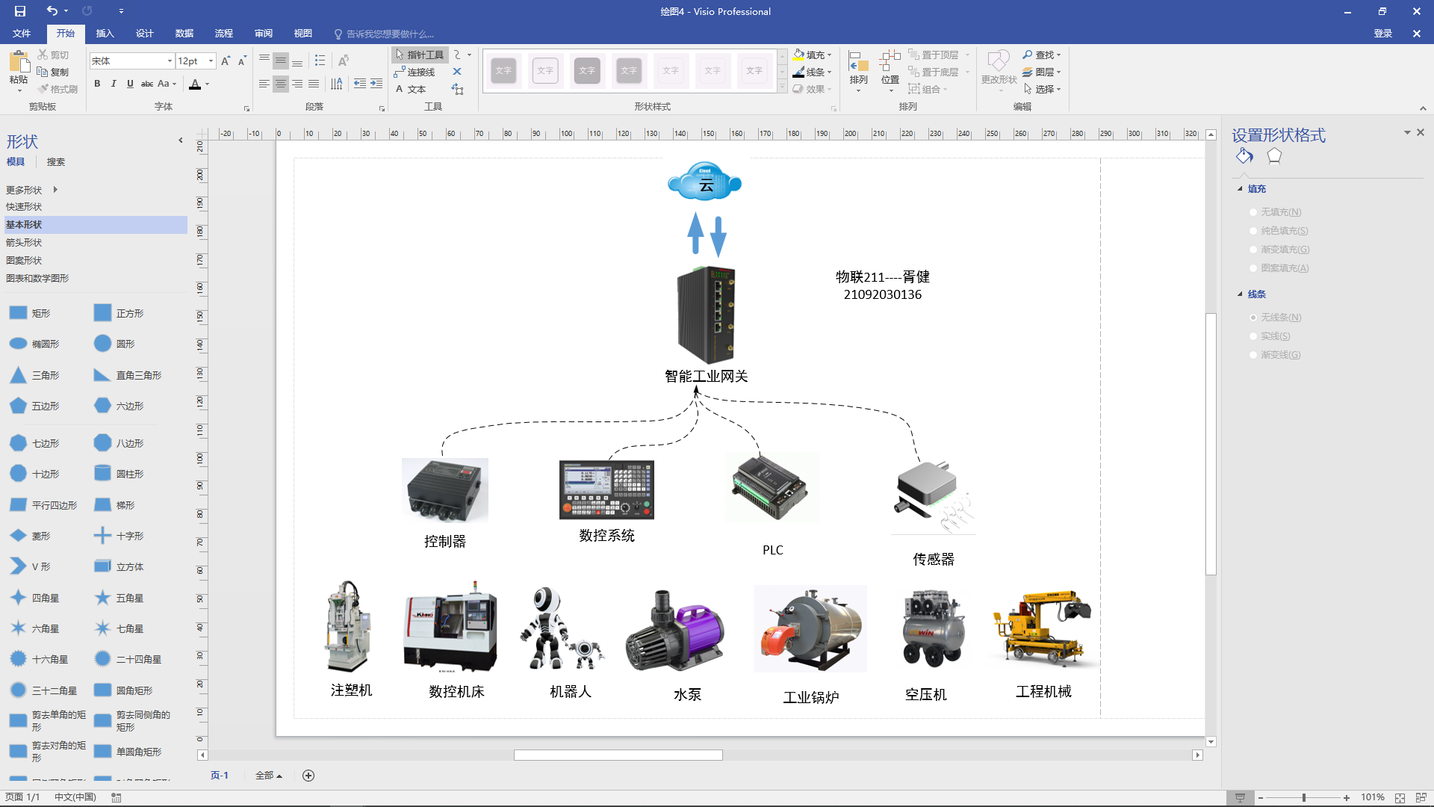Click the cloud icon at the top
click(704, 182)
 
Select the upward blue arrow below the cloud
click(695, 233)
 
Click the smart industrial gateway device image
click(707, 315)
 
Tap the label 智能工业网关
click(706, 376)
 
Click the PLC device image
click(771, 488)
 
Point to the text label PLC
click(773, 550)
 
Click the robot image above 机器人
click(560, 628)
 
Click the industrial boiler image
click(810, 629)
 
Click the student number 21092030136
click(883, 294)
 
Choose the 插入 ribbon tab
click(105, 34)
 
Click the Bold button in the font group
click(97, 84)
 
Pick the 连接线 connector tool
click(415, 72)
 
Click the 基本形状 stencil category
click(24, 224)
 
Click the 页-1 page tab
click(219, 776)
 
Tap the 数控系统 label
click(606, 535)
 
